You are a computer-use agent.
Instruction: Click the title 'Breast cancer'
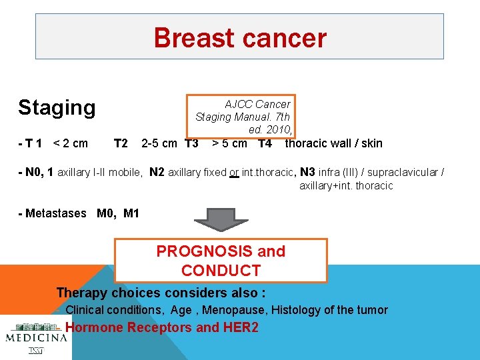click(x=240, y=38)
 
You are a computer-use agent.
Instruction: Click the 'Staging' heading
click(x=57, y=107)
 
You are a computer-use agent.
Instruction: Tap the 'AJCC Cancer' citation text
click(x=257, y=104)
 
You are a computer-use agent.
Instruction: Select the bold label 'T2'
click(x=121, y=143)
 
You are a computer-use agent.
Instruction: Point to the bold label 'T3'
click(x=191, y=143)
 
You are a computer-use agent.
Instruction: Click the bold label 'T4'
click(x=265, y=143)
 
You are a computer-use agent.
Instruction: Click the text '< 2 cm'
click(x=70, y=143)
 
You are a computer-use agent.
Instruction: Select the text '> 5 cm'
click(x=229, y=143)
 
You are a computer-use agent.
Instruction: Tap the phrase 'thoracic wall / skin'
click(x=333, y=143)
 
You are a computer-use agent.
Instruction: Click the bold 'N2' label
click(x=157, y=172)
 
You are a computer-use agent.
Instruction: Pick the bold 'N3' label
click(x=308, y=172)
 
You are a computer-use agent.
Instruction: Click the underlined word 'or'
click(x=234, y=173)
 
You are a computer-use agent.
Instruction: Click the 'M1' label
click(x=131, y=213)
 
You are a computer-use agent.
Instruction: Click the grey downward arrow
click(x=221, y=219)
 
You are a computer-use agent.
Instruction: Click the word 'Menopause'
click(x=228, y=309)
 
